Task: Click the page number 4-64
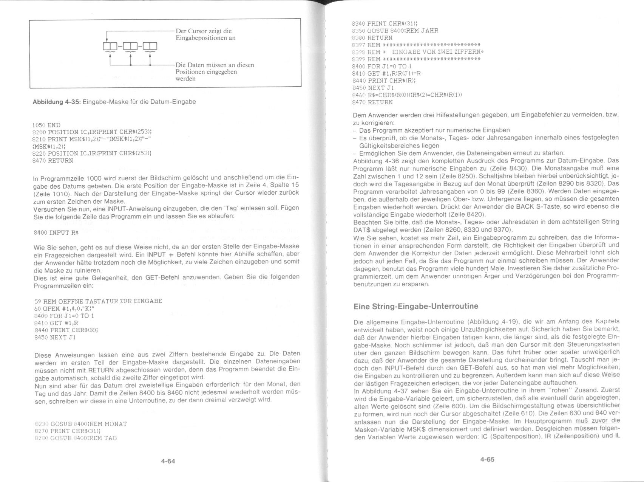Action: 168,461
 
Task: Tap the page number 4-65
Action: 487,459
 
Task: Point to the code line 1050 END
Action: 47,125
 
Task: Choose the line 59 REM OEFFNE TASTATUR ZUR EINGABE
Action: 98,301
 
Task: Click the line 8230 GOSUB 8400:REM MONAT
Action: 80,424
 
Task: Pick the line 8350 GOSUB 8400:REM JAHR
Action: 395,31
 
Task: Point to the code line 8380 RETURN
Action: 372,38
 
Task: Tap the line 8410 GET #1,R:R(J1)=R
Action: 386,73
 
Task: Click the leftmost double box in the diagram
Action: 110,47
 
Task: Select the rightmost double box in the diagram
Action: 150,47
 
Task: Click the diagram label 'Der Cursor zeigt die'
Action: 204,31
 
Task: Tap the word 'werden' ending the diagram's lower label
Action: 185,79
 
